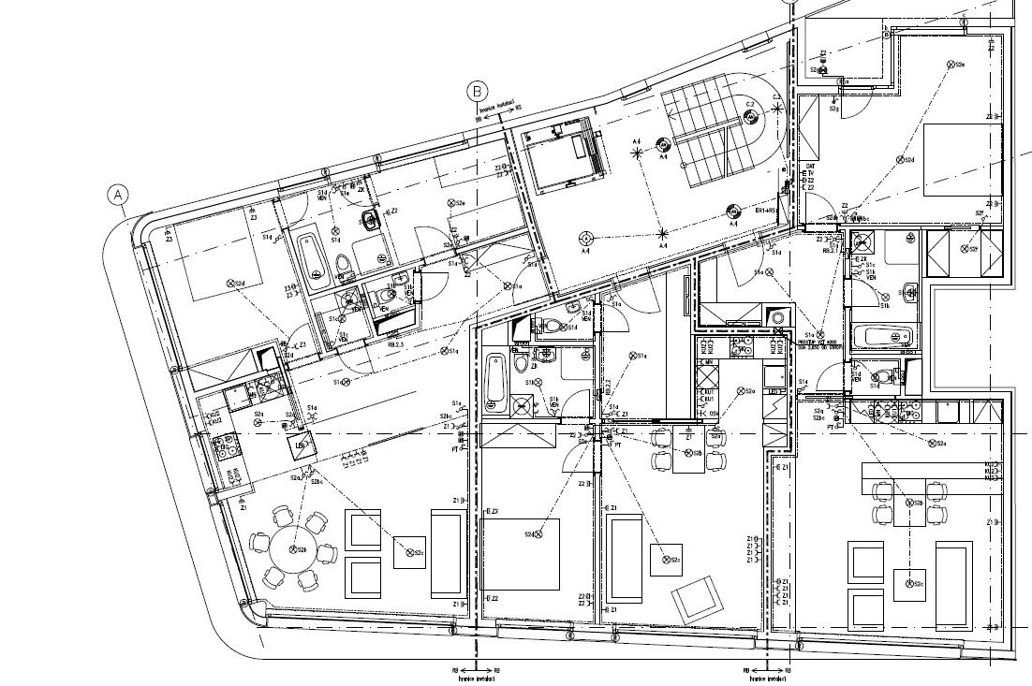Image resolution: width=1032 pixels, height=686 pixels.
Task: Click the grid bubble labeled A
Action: point(117,195)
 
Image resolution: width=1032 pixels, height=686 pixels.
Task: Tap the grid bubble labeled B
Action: point(478,91)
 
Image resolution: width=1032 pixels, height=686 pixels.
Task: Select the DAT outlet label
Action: point(810,167)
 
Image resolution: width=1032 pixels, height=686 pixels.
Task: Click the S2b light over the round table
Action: point(294,549)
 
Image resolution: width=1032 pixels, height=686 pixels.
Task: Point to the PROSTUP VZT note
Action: point(822,343)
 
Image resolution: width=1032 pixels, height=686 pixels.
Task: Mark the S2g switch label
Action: point(833,109)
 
